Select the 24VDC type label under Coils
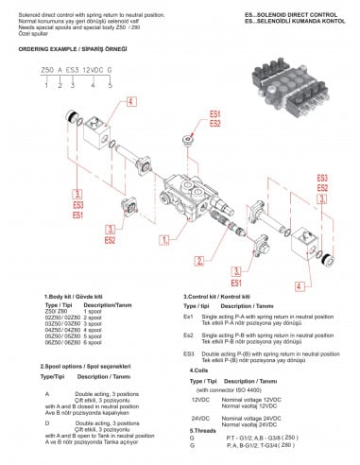pyautogui.click(x=200, y=417)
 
